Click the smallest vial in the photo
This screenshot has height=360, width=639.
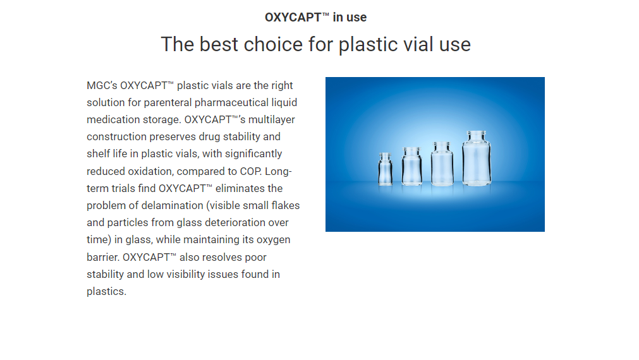(x=385, y=169)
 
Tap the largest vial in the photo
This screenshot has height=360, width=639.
(x=477, y=159)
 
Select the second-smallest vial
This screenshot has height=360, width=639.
(x=411, y=167)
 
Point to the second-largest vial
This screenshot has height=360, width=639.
(x=442, y=164)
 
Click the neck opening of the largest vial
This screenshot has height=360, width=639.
(x=477, y=133)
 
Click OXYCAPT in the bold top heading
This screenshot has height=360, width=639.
(x=293, y=17)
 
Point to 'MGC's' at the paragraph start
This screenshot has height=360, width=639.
(x=102, y=85)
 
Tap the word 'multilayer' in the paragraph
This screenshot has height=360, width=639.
(x=271, y=120)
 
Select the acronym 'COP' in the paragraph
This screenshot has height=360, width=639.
(x=250, y=171)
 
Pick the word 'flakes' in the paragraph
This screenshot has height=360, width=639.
(x=285, y=206)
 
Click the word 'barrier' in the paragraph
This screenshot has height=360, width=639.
(x=102, y=258)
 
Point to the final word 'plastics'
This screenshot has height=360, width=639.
(x=106, y=292)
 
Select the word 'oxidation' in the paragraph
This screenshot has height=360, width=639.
(x=150, y=171)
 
